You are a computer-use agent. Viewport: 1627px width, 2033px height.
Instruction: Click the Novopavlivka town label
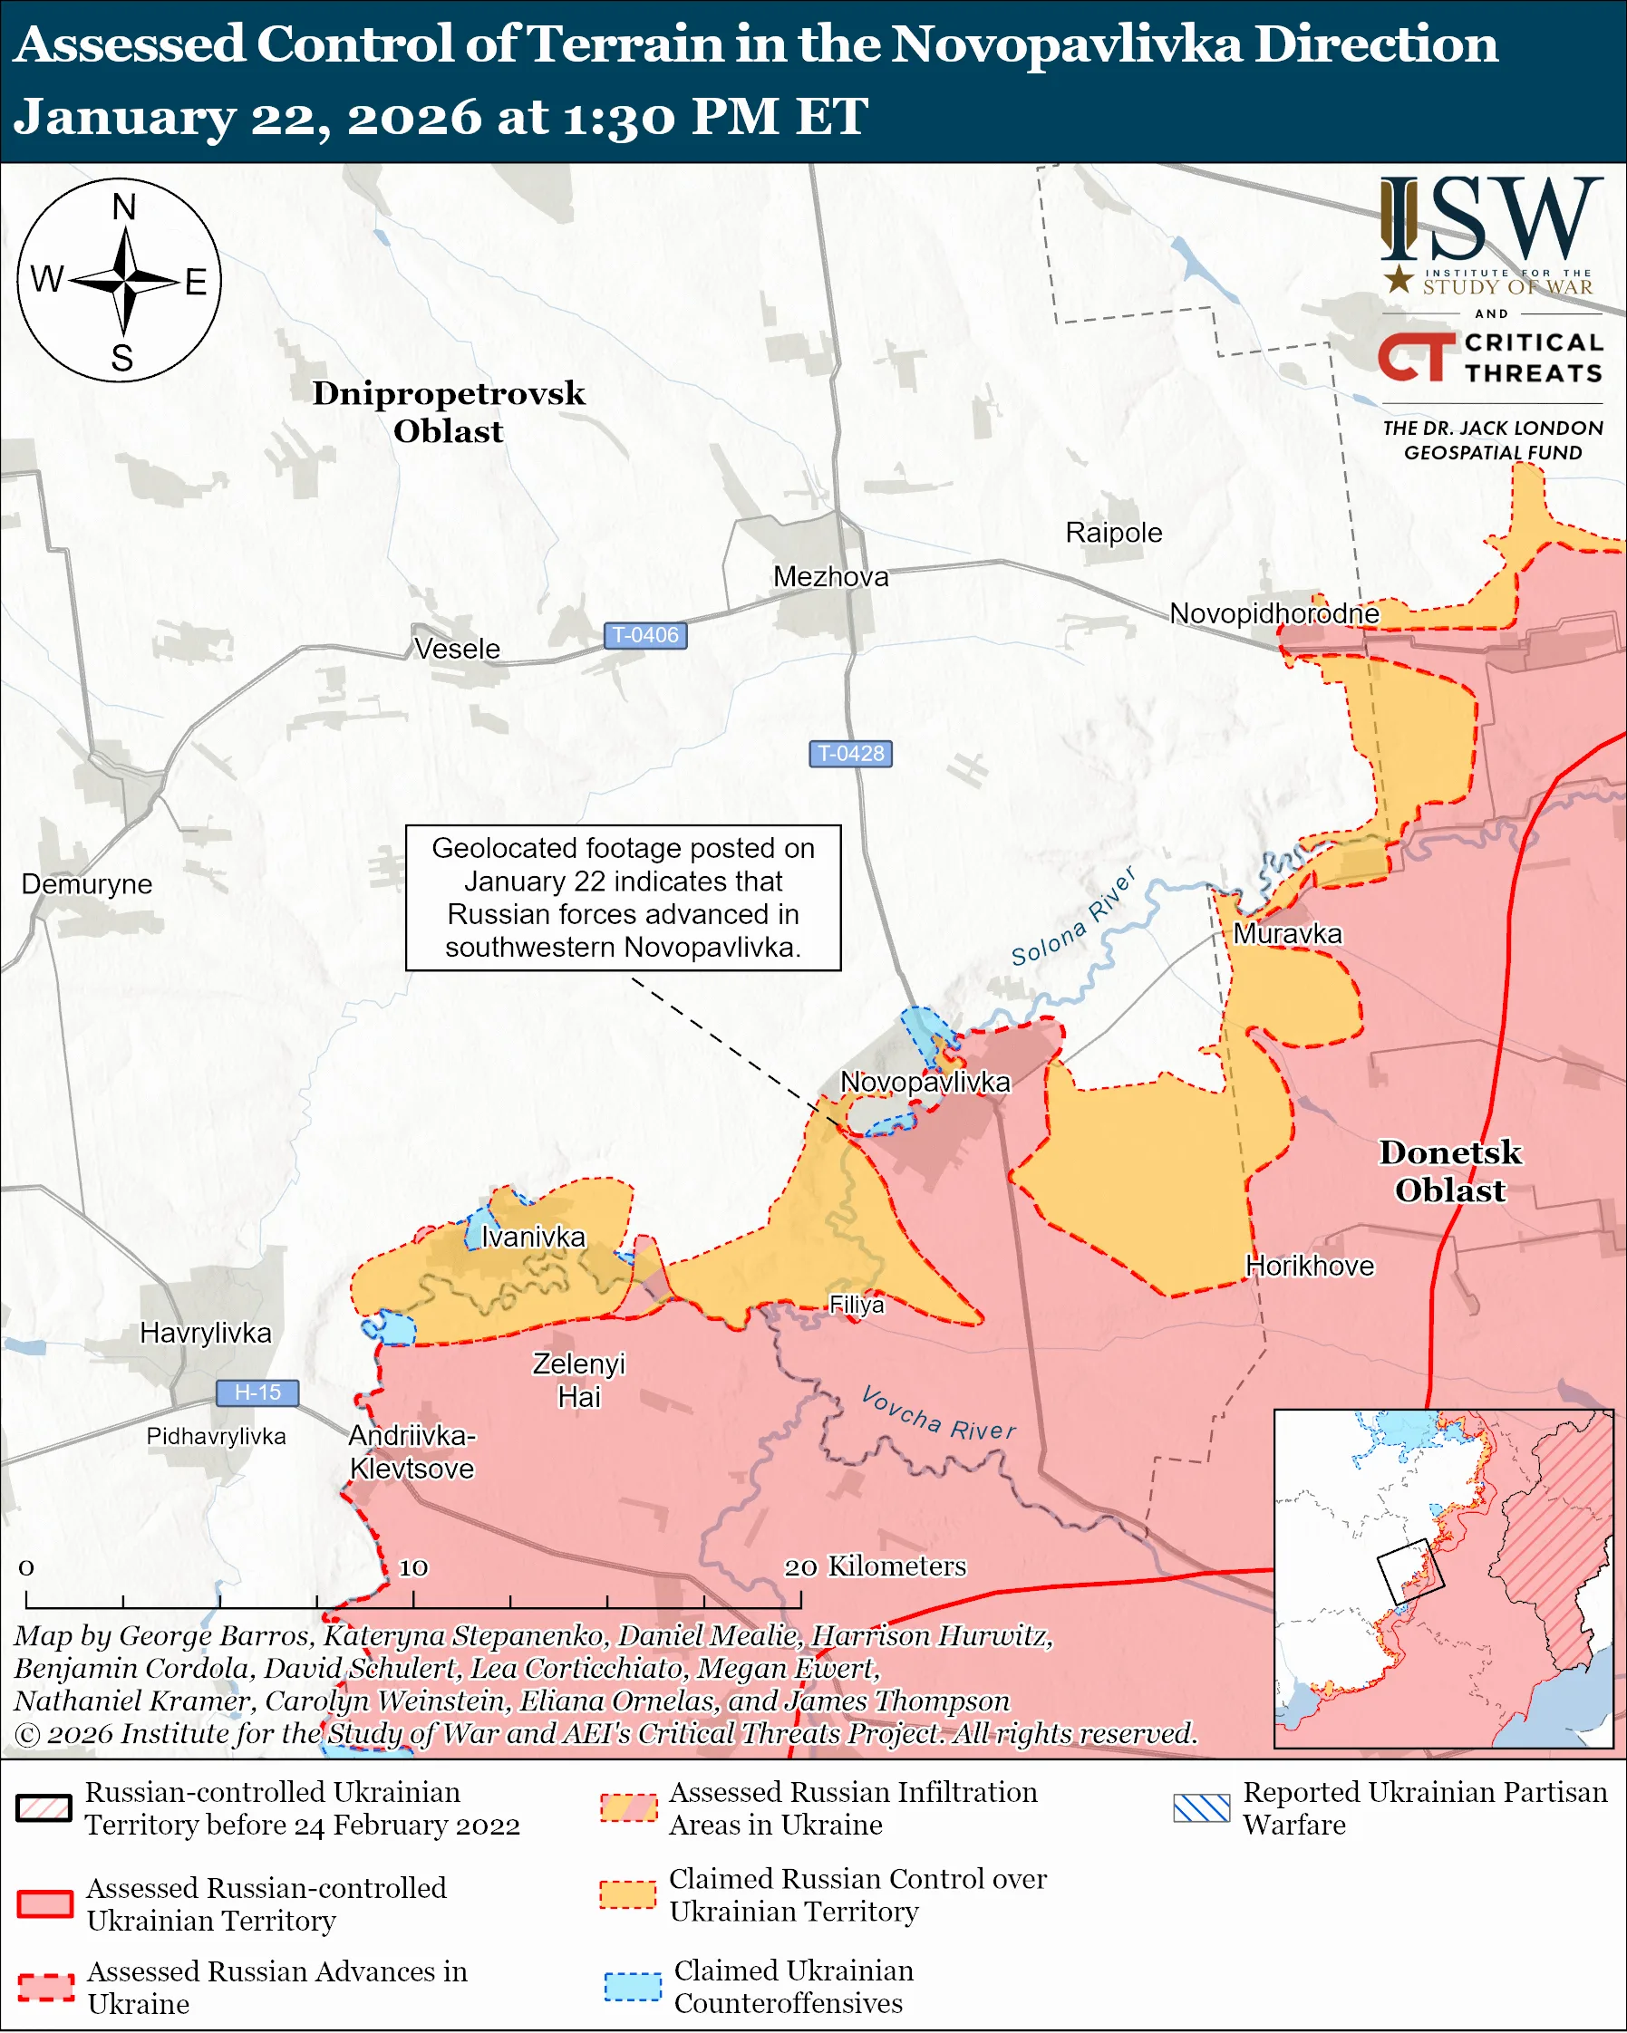click(925, 1082)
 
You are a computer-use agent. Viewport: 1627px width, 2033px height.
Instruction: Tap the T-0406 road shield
click(645, 636)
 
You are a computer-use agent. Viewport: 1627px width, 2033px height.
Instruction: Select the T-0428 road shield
click(850, 754)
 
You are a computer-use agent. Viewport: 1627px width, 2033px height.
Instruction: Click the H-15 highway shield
click(257, 1392)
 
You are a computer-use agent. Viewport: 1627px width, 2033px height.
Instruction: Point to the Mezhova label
click(830, 576)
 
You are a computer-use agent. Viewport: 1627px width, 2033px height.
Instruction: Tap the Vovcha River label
click(938, 1414)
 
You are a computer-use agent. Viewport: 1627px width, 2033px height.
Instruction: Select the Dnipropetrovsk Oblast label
click(448, 411)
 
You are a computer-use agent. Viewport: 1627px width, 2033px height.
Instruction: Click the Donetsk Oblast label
click(1449, 1171)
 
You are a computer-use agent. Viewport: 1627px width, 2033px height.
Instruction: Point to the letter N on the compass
click(123, 207)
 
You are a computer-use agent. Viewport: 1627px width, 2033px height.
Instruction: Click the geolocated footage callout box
click(623, 897)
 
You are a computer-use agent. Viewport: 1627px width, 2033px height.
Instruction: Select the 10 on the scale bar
click(413, 1567)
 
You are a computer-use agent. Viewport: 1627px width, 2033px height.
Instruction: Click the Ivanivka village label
click(533, 1237)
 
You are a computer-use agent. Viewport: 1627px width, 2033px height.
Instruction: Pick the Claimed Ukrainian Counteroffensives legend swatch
click(632, 1986)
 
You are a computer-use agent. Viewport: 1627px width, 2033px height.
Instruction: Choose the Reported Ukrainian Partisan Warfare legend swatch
click(1202, 1807)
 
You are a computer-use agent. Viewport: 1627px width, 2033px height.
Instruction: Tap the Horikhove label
click(1309, 1266)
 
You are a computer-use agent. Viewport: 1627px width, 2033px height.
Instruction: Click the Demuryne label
click(87, 883)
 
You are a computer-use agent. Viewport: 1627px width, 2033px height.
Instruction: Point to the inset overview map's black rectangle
click(1411, 1571)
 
